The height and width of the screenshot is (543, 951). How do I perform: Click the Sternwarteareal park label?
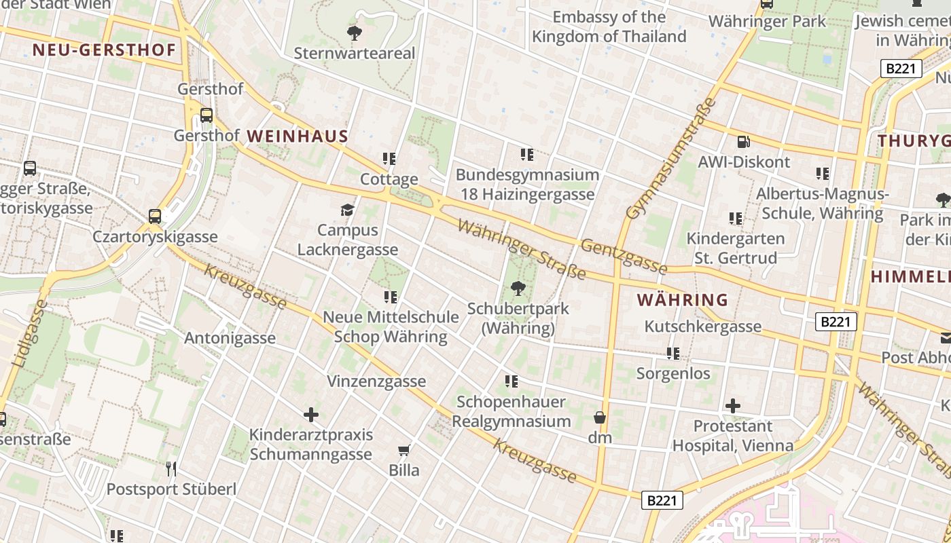(354, 53)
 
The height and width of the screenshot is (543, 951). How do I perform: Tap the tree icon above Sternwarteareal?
(354, 33)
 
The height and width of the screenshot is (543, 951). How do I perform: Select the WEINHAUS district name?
(298, 136)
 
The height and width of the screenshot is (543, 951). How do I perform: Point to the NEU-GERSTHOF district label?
(104, 50)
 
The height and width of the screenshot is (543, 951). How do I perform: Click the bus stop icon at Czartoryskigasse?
(155, 217)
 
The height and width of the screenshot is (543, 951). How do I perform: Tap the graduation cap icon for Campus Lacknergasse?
(347, 210)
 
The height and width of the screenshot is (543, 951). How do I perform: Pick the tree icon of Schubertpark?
(518, 288)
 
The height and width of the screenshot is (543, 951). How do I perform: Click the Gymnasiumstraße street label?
(671, 159)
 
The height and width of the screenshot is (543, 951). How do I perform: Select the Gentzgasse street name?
(624, 256)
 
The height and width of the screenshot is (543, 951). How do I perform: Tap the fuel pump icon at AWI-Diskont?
(744, 142)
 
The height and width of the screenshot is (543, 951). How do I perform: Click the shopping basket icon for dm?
(599, 417)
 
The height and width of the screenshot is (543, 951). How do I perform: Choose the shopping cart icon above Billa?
(404, 450)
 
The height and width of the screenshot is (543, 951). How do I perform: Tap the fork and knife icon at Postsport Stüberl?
(171, 468)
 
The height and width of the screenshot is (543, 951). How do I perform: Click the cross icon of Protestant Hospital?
(732, 406)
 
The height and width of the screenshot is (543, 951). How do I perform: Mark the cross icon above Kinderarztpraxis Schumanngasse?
(310, 414)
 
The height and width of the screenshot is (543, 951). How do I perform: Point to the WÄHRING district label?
(682, 299)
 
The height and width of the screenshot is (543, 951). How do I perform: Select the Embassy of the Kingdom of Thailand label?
(609, 26)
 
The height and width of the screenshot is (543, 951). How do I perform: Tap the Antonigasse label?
(230, 338)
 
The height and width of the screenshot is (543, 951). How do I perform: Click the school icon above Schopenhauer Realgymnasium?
(511, 381)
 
